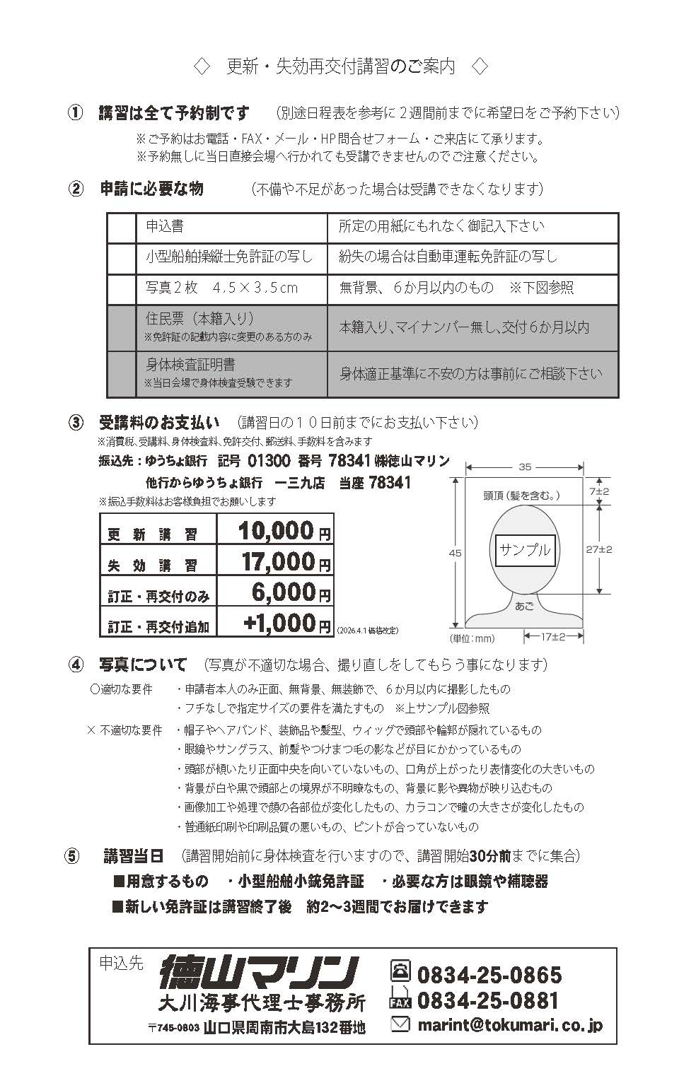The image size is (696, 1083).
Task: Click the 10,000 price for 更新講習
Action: point(276,530)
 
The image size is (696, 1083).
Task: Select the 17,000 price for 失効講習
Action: point(277,561)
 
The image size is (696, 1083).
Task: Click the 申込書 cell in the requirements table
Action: point(165,226)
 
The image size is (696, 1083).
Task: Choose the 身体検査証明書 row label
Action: point(190,365)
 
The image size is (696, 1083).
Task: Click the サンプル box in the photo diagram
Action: point(525,549)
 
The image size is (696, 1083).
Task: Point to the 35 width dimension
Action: point(524,467)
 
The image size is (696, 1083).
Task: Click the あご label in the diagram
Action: point(524,606)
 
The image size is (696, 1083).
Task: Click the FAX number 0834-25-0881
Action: point(488,1000)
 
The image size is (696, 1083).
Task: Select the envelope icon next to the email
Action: point(400,1023)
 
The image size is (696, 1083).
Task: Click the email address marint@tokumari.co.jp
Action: point(509,1024)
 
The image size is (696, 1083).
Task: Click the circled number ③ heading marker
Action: point(76,423)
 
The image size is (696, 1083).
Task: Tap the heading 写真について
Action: point(143,665)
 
